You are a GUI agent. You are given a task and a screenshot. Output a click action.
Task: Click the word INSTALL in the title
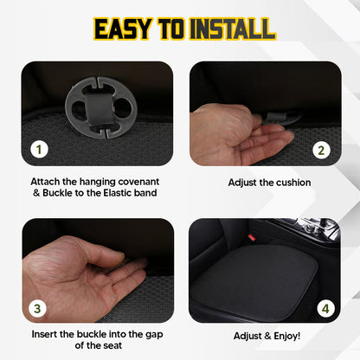[227, 29]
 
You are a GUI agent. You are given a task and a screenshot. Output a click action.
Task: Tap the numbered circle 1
[38, 149]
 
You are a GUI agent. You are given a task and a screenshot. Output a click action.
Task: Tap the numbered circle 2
[321, 149]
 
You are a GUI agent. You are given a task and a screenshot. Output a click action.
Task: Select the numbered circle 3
[38, 306]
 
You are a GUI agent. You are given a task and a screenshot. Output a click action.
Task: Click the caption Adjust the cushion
[269, 183]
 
